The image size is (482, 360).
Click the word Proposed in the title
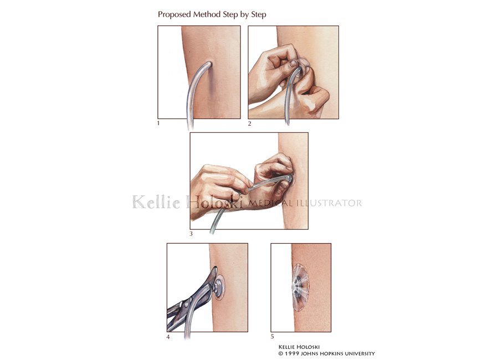pyautogui.click(x=175, y=15)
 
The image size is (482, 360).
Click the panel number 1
pyautogui.click(x=158, y=124)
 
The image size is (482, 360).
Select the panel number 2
pyautogui.click(x=250, y=124)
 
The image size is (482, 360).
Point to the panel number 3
pyautogui.click(x=191, y=234)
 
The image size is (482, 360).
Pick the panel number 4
pyautogui.click(x=168, y=337)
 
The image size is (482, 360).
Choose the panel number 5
pyautogui.click(x=273, y=337)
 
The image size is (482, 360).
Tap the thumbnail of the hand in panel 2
pyautogui.click(x=293, y=63)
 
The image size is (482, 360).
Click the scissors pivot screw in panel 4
pyautogui.click(x=186, y=305)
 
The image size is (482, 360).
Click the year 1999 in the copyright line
pyautogui.click(x=292, y=353)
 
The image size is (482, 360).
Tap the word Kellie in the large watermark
pyautogui.click(x=156, y=202)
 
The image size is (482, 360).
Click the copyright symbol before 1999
pyautogui.click(x=281, y=353)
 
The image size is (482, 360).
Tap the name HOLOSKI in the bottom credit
pyautogui.click(x=309, y=347)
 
